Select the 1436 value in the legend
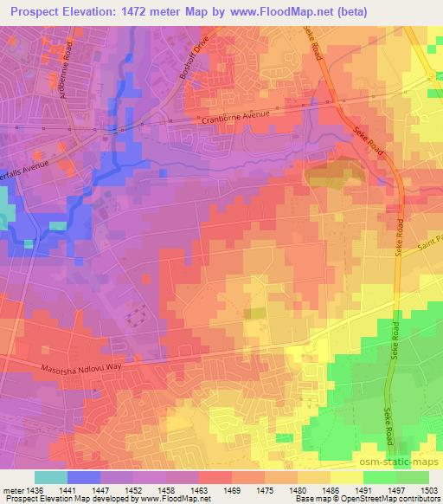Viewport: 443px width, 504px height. tap(35, 490)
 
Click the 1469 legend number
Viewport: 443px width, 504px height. tap(231, 490)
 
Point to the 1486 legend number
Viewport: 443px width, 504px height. tap(331, 490)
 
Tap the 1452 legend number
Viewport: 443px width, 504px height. tap(133, 490)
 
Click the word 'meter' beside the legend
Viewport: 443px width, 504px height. tap(12, 490)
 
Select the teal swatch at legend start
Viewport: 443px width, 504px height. tap(51, 477)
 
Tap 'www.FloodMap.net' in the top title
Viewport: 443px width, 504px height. tap(284, 11)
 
